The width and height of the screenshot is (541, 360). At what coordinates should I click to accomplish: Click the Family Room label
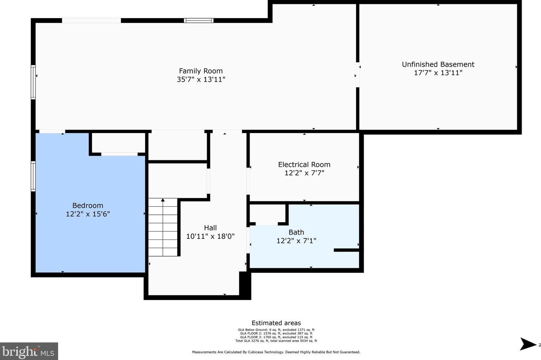[x=201, y=71]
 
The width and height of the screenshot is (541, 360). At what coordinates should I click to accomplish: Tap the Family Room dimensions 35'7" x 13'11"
[x=201, y=79]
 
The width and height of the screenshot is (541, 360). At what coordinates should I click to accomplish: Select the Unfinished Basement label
[x=438, y=65]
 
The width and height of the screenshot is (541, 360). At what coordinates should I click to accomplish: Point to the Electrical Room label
[x=304, y=165]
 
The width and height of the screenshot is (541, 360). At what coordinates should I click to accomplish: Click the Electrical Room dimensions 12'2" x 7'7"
[x=304, y=173]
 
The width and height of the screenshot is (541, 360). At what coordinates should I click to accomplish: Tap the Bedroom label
[x=88, y=206]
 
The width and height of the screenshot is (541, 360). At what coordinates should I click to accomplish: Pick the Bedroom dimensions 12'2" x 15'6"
[x=88, y=214]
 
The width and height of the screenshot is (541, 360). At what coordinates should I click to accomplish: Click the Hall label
[x=210, y=228]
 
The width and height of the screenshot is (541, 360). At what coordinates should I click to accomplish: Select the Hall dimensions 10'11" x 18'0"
[x=211, y=236]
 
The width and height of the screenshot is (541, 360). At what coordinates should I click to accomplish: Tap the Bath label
[x=296, y=232]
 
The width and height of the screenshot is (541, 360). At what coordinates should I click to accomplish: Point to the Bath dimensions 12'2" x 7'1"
[x=296, y=241]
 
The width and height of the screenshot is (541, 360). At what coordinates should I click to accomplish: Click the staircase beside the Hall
[x=163, y=227]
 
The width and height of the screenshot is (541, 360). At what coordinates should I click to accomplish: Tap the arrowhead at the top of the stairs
[x=163, y=200]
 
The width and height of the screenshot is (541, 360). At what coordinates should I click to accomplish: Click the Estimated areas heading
[x=276, y=323]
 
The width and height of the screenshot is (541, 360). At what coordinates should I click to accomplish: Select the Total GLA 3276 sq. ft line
[x=276, y=341]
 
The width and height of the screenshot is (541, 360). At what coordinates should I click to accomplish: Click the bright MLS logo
[x=29, y=351]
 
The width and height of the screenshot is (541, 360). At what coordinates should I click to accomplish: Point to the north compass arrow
[x=527, y=344]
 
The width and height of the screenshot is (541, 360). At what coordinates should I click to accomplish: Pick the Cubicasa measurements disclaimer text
[x=276, y=352]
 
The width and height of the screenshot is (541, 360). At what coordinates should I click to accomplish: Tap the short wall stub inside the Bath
[x=346, y=250]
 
